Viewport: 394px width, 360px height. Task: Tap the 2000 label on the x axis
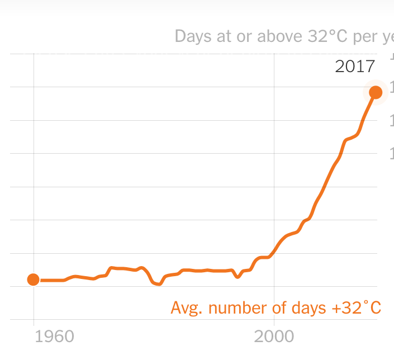274,337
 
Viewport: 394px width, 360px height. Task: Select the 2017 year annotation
354,67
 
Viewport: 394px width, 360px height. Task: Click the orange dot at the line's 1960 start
34,280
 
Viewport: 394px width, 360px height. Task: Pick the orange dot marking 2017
376,92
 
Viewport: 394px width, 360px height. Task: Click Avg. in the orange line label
186,308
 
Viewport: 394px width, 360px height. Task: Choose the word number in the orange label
237,308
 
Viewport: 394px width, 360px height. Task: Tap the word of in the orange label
278,308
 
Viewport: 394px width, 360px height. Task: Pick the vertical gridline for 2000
274,168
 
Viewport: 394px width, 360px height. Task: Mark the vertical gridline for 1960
34,168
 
